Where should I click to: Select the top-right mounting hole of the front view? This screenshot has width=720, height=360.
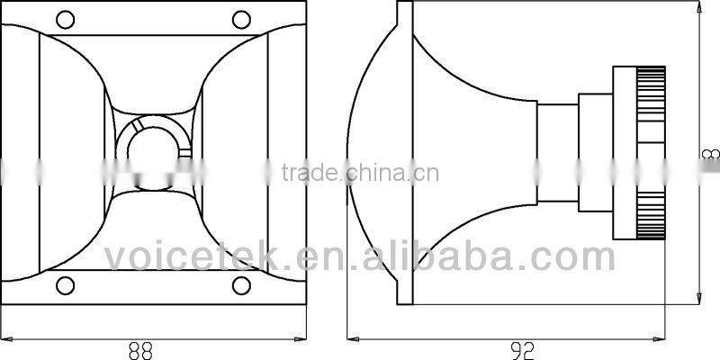[239, 19]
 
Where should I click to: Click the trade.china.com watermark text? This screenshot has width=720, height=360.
[360, 173]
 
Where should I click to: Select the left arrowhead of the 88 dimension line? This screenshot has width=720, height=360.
[6, 339]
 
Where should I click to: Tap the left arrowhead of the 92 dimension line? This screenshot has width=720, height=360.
[354, 339]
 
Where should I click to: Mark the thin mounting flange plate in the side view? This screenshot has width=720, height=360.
[406, 153]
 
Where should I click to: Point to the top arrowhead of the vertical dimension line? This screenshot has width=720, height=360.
[698, 6]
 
